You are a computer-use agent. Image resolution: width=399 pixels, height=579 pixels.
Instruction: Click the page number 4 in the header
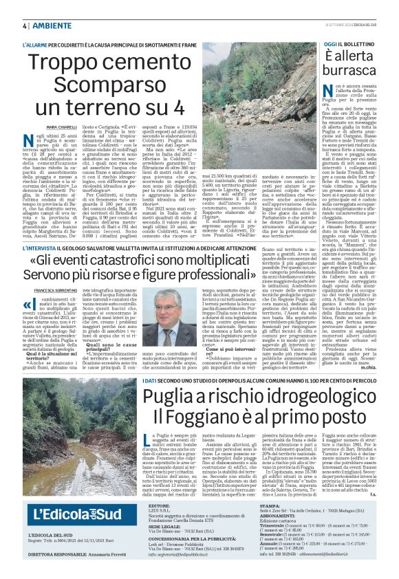[25, 25]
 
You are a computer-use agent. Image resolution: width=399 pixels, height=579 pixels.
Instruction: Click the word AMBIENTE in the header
[51, 25]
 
